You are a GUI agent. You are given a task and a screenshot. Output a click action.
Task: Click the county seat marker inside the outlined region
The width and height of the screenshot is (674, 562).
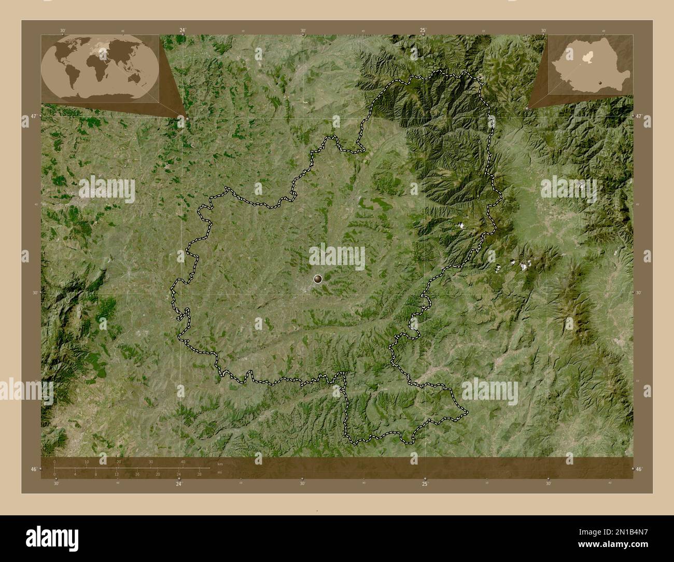(317, 279)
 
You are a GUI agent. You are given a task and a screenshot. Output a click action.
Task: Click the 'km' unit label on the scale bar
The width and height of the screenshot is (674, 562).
(220, 463)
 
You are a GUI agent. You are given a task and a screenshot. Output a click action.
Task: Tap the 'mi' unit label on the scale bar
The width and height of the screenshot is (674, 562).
(220, 472)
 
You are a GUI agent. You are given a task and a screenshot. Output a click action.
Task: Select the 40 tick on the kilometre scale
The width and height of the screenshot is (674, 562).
(183, 462)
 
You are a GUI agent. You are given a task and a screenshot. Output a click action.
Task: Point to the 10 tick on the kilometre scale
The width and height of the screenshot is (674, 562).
(87, 462)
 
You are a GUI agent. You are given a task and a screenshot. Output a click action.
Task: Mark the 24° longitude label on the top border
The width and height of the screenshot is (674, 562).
(182, 30)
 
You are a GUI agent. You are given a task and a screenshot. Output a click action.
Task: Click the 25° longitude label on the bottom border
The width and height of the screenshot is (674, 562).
(425, 484)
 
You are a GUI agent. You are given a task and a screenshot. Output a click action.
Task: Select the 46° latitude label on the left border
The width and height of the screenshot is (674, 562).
(34, 469)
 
